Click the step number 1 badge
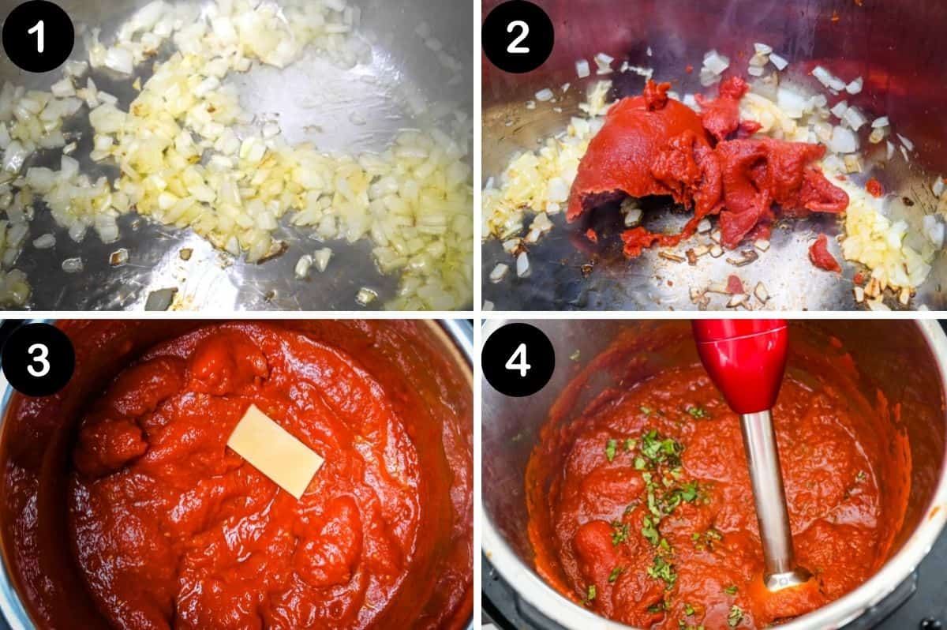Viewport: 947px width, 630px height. click(37, 36)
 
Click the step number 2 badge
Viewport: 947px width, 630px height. click(518, 36)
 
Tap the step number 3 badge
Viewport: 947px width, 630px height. click(37, 359)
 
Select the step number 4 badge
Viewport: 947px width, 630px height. click(518, 359)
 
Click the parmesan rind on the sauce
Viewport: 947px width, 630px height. click(275, 451)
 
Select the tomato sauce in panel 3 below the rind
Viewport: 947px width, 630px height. click(237, 553)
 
